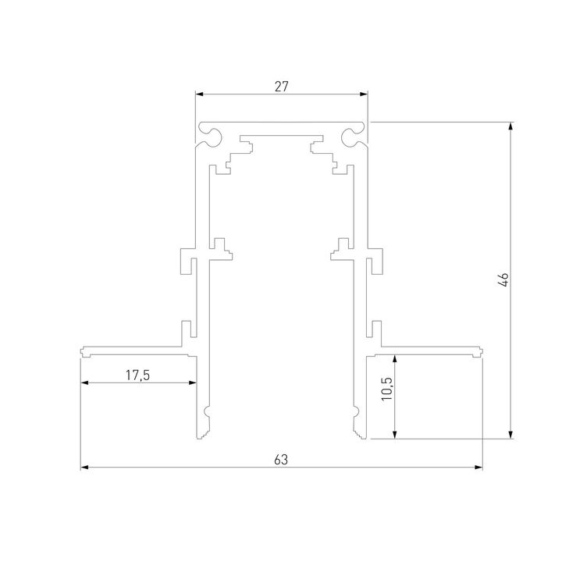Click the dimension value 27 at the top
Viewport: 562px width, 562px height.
tap(282, 87)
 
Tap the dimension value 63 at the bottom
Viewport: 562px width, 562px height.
tap(282, 460)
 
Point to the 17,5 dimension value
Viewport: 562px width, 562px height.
tap(137, 375)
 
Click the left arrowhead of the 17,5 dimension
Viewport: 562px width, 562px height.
tap(85, 382)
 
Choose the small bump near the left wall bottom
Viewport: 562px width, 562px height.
tap(207, 411)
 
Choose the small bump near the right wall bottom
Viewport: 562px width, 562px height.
tap(354, 411)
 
